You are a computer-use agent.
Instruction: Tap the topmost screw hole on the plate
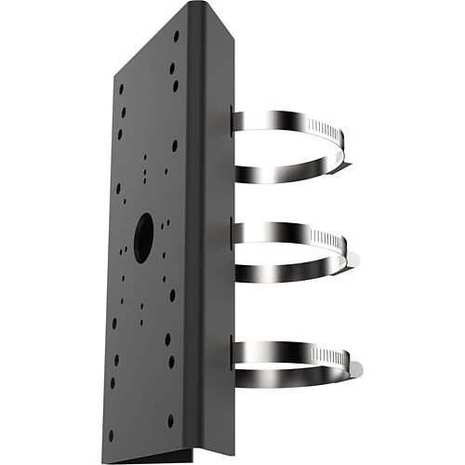[x=176, y=35]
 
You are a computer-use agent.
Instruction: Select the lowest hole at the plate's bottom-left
[x=111, y=433]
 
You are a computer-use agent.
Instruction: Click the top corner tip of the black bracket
[x=192, y=4]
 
